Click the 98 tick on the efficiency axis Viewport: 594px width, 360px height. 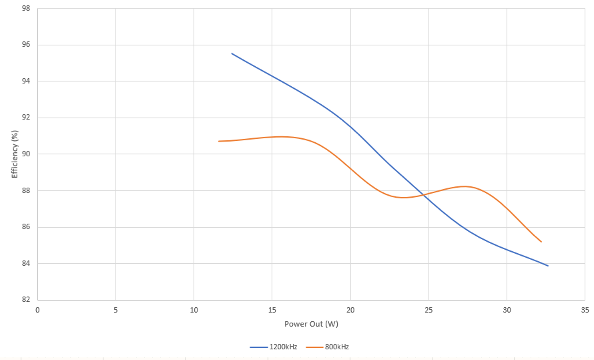coord(25,9)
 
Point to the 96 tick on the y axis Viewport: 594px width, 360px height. coord(25,45)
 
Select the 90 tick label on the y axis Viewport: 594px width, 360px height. coord(25,154)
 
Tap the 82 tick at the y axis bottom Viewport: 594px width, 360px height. coord(25,300)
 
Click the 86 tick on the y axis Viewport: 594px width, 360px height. coord(25,227)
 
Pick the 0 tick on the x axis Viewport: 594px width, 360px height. coord(37,310)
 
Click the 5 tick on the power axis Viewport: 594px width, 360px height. coord(115,310)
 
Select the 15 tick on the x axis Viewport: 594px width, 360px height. coord(272,310)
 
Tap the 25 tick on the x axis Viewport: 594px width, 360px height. coord(428,310)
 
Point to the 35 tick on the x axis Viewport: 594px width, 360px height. coord(585,310)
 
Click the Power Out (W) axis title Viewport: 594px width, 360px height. coord(311,324)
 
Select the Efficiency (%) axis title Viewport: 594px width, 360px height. coord(15,154)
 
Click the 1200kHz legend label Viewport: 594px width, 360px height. coord(284,347)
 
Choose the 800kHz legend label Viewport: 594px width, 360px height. coord(337,347)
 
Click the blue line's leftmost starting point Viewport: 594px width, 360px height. coord(232,53)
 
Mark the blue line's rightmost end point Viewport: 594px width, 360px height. coord(548,266)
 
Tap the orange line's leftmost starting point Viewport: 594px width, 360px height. coord(218,141)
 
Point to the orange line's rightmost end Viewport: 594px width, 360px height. coord(541,242)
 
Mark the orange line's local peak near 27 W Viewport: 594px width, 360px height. coord(465,186)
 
